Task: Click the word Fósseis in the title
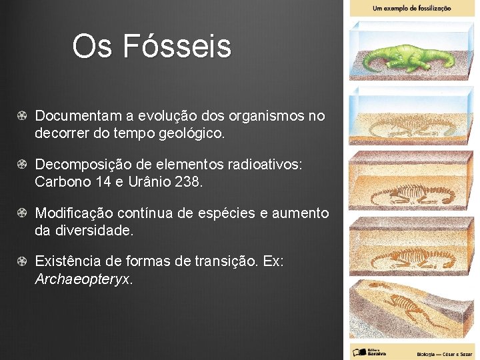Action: tap(177, 47)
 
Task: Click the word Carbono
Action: tap(63, 181)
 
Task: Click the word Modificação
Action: tap(75, 213)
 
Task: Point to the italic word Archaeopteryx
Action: tap(83, 279)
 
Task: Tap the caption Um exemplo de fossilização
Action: tap(411, 8)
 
